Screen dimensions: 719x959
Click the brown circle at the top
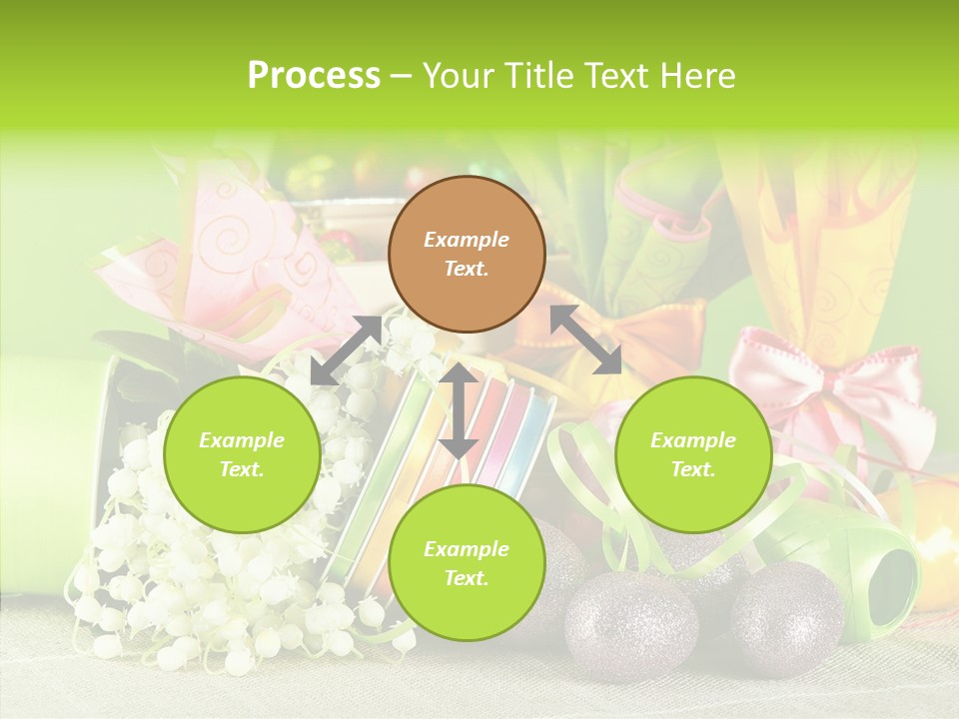tap(467, 254)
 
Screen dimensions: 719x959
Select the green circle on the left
tap(242, 454)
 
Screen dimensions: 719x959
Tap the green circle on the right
tap(693, 454)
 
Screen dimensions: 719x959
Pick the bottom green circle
tap(467, 563)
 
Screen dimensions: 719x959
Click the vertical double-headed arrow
tap(459, 410)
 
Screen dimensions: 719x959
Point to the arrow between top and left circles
tap(346, 351)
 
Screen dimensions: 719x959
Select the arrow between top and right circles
tap(585, 340)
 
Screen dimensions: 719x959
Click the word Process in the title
tap(314, 76)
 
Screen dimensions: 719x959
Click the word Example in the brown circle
tap(467, 240)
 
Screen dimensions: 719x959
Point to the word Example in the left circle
tap(242, 440)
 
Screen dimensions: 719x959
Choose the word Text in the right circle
tap(693, 469)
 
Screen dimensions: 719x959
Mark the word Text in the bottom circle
tap(467, 578)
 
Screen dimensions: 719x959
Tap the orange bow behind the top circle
tap(639, 335)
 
